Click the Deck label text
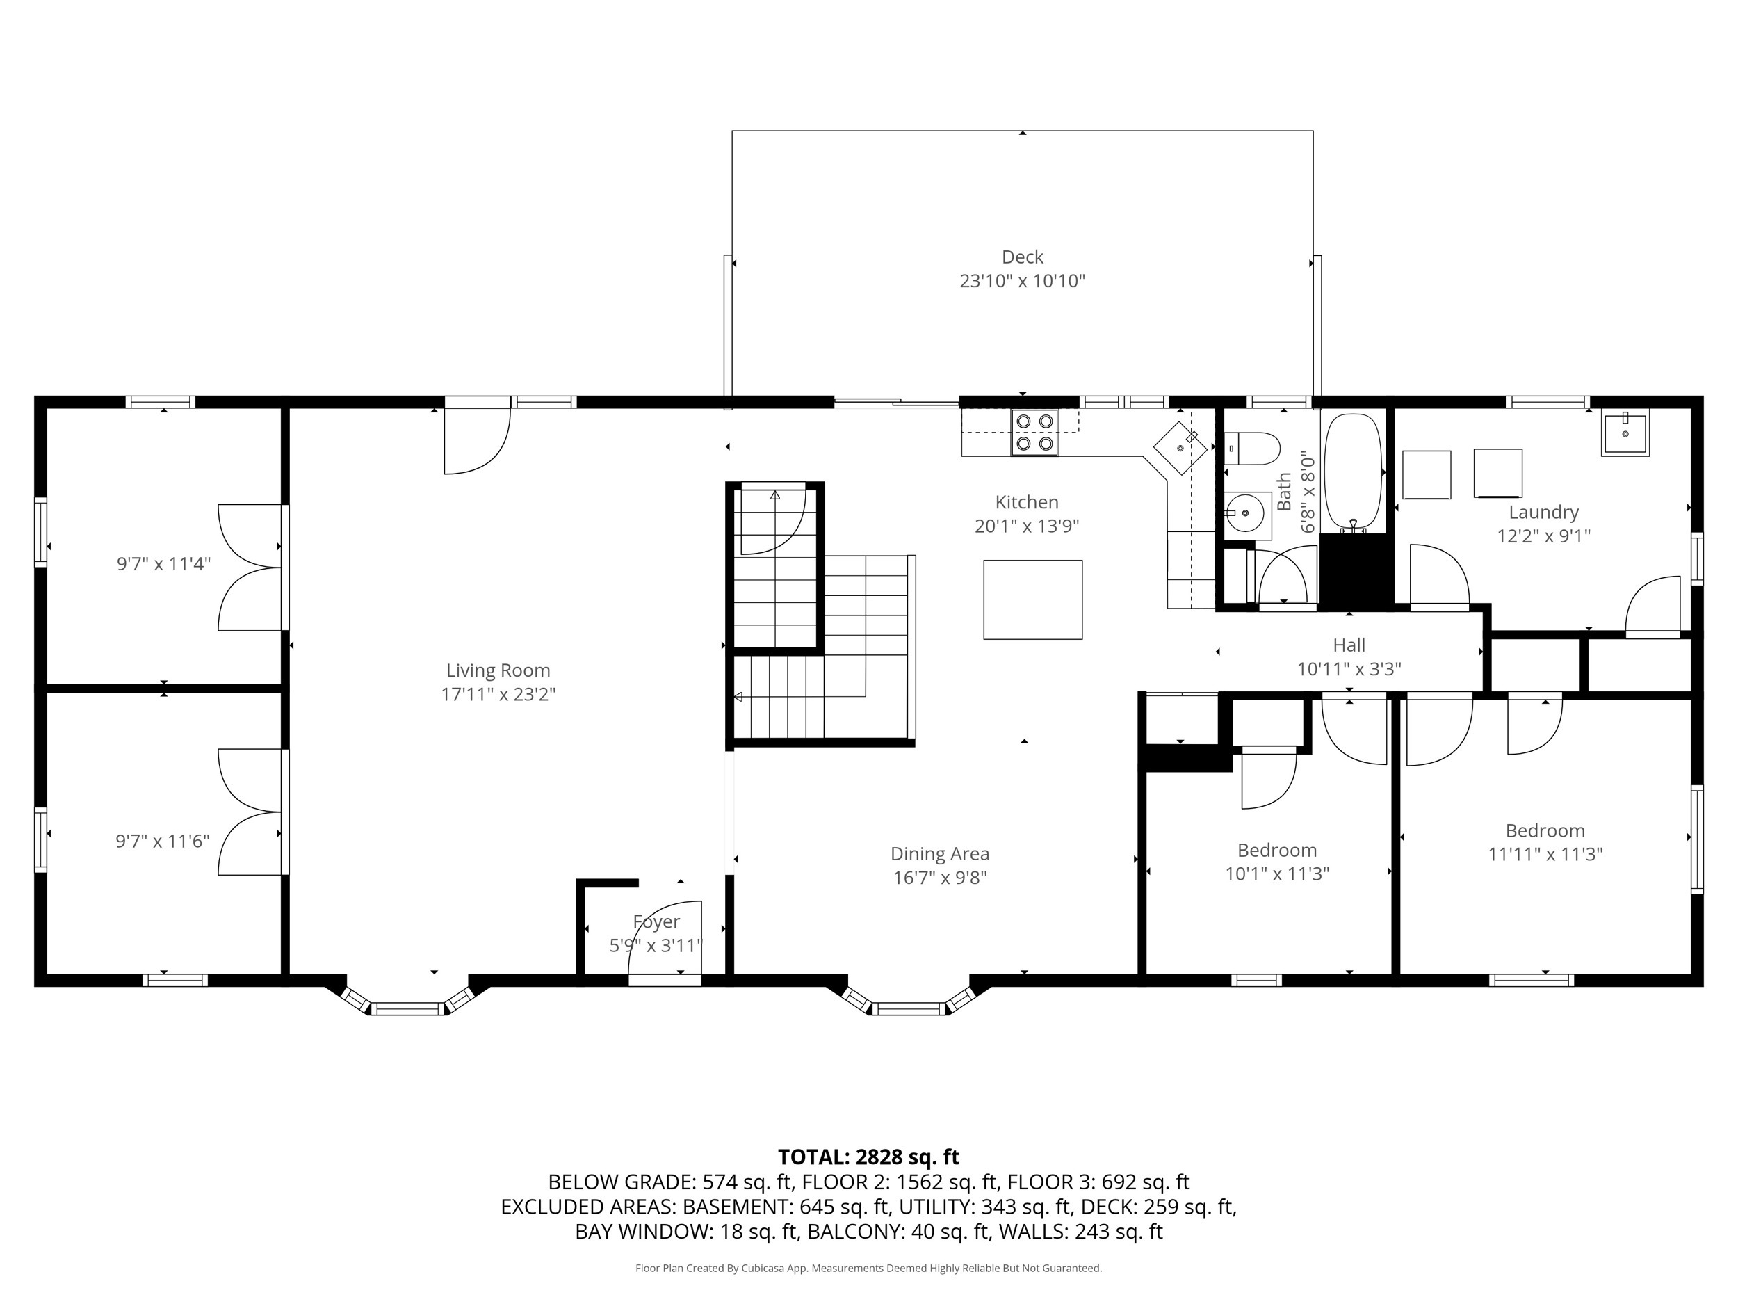click(1022, 257)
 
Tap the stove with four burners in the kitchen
click(1034, 433)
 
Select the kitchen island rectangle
click(1032, 599)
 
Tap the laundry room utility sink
click(1625, 433)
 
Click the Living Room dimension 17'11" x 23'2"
click(498, 694)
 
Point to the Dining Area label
click(940, 853)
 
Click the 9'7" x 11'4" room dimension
click(163, 563)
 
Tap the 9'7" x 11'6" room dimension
click(163, 841)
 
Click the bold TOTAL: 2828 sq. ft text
click(868, 1157)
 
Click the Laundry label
click(1543, 513)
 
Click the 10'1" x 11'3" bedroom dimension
click(1277, 874)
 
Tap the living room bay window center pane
click(408, 1008)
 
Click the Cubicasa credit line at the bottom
click(868, 1268)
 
